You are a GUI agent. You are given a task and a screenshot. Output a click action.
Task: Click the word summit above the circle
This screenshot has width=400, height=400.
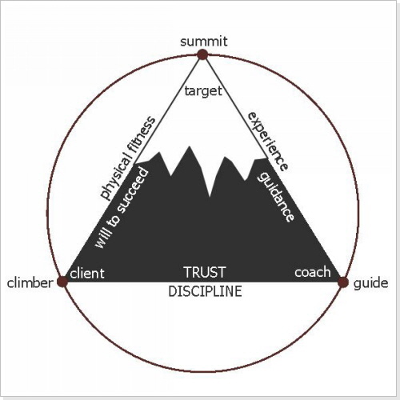click(x=204, y=42)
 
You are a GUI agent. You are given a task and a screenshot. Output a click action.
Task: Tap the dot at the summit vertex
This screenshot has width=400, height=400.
click(x=202, y=54)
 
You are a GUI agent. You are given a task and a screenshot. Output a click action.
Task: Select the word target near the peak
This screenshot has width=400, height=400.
click(x=203, y=91)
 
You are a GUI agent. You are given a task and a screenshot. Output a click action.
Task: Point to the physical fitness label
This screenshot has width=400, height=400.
click(x=127, y=158)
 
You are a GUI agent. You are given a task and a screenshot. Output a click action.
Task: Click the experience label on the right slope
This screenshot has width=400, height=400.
click(x=268, y=142)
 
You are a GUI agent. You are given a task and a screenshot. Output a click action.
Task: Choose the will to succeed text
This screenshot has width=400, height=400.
click(x=122, y=208)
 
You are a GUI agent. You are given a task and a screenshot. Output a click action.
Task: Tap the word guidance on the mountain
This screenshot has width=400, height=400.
click(x=276, y=197)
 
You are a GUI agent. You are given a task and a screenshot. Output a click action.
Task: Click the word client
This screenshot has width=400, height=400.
click(x=87, y=274)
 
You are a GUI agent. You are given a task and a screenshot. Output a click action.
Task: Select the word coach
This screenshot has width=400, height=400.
click(x=313, y=272)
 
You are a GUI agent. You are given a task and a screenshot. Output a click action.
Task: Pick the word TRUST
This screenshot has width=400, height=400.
click(x=205, y=272)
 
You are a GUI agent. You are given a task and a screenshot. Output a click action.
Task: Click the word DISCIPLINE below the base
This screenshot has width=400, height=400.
click(x=205, y=291)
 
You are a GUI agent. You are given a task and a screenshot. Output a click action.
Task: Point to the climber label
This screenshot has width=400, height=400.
click(x=30, y=283)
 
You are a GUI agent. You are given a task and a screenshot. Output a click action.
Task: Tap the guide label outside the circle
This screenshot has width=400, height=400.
click(x=370, y=283)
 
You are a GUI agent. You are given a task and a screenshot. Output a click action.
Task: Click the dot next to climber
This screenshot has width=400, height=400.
click(x=63, y=282)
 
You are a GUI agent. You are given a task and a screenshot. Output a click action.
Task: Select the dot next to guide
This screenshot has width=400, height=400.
click(x=343, y=282)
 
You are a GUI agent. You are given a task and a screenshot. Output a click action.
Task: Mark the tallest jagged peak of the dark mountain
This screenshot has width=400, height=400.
click(x=190, y=146)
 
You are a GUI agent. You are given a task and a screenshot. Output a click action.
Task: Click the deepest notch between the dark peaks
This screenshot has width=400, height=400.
click(x=210, y=197)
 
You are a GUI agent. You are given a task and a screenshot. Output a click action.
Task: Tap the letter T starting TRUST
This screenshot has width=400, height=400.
click(x=188, y=272)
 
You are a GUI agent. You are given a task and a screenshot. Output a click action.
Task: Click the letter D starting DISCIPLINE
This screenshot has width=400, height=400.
click(x=173, y=291)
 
